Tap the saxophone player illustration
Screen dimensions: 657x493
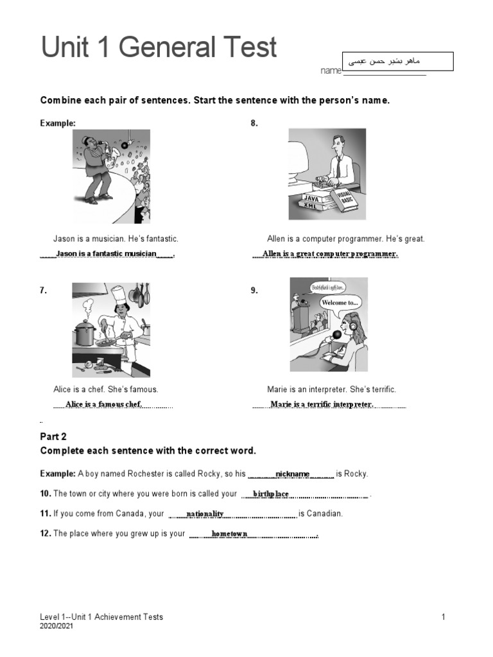[110, 176]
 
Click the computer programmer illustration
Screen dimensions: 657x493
[327, 175]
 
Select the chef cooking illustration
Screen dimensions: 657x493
[110, 330]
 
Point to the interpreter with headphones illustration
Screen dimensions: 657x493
[328, 325]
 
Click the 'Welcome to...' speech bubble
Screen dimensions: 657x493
[340, 302]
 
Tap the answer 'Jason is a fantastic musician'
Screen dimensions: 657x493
[107, 254]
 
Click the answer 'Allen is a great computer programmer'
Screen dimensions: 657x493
[330, 254]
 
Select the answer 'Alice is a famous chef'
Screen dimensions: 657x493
[103, 404]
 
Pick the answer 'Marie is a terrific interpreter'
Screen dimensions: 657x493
[322, 404]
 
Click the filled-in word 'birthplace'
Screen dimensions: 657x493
[271, 494]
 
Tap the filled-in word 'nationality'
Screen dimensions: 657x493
[205, 514]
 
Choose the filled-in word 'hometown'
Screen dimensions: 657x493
[229, 534]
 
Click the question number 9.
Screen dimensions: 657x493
[254, 291]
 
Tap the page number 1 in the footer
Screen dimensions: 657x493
[443, 617]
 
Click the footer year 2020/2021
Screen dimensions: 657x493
[56, 626]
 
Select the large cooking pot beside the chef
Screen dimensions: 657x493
[85, 333]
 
